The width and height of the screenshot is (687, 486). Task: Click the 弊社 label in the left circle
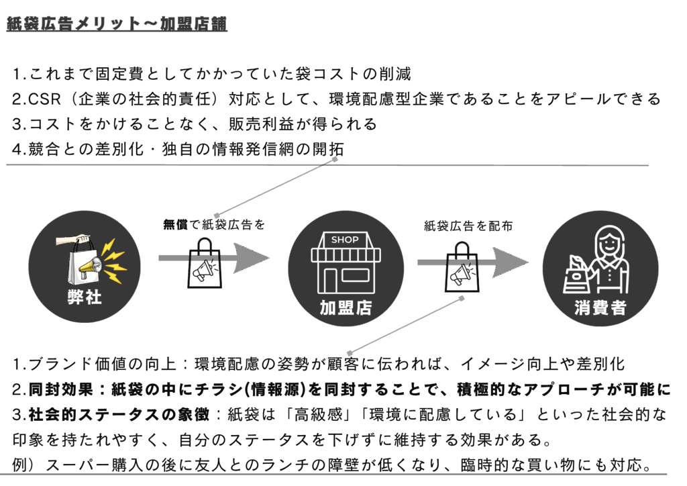(85, 297)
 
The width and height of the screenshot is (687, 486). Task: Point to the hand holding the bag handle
(75, 240)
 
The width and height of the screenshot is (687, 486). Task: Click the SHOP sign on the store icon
(345, 240)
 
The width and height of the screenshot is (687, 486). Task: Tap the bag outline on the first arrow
(204, 268)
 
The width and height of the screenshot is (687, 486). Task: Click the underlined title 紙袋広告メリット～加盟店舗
(117, 24)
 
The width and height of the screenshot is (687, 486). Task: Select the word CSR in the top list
(44, 100)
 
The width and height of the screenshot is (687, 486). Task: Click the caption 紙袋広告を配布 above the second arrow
(468, 226)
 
